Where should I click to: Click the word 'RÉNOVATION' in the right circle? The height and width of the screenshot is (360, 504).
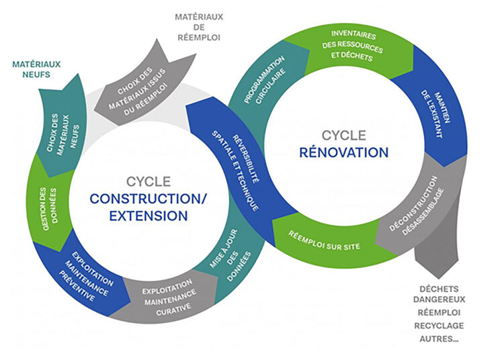[344, 152]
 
